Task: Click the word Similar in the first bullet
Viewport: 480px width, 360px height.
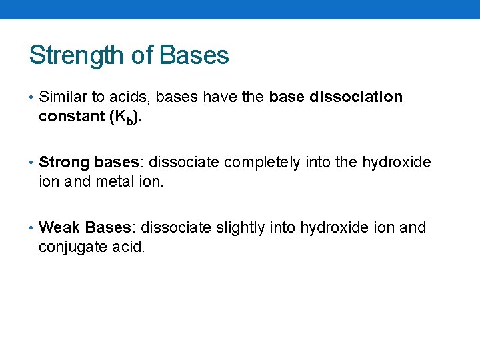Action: click(61, 97)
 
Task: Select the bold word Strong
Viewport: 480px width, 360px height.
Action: click(65, 163)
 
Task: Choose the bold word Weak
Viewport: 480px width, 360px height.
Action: click(60, 228)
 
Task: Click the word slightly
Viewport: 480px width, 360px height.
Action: click(241, 228)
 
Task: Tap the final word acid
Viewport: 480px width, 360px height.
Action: click(128, 247)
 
